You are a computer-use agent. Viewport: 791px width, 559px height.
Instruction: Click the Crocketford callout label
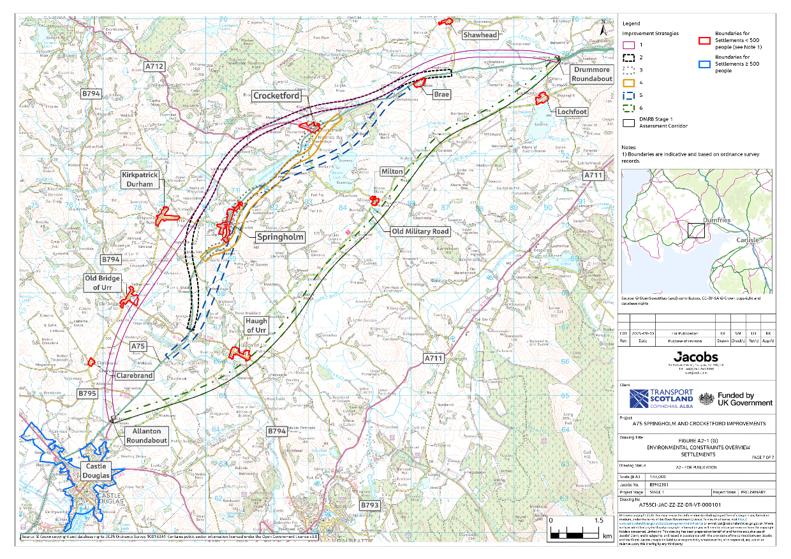(x=276, y=96)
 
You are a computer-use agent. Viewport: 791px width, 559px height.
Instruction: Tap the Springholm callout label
(x=280, y=236)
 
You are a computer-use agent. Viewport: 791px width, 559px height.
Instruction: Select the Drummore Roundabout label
(x=591, y=74)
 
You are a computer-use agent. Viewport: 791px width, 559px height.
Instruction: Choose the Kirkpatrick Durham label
(x=139, y=179)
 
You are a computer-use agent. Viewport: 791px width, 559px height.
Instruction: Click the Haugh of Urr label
(x=256, y=326)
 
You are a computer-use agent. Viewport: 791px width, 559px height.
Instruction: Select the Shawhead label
(x=480, y=35)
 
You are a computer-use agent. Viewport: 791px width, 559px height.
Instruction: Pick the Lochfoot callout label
(x=572, y=112)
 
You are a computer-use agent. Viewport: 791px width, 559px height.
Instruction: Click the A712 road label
(x=154, y=66)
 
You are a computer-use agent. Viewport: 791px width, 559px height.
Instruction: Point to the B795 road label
(x=87, y=395)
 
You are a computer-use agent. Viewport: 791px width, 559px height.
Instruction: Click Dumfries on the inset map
(x=705, y=220)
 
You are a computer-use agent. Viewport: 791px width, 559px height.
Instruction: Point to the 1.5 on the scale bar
(x=599, y=521)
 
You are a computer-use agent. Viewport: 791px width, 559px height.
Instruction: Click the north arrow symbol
(x=603, y=27)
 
